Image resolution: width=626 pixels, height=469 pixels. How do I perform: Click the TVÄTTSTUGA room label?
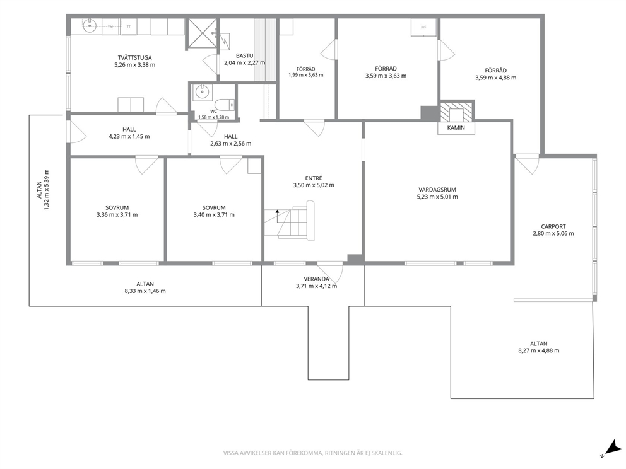[x=134, y=57]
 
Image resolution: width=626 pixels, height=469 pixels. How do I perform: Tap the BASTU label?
[x=244, y=56]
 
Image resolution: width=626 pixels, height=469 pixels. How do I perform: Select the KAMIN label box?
[x=456, y=128]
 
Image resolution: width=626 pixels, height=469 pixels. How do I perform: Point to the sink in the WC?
[x=202, y=92]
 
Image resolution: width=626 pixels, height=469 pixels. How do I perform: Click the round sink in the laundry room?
[x=90, y=26]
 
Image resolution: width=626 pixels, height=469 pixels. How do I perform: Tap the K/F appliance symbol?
[x=423, y=27]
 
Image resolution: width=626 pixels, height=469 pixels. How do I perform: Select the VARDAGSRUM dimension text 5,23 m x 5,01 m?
[x=437, y=197]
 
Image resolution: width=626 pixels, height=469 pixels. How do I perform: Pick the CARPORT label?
[x=553, y=226]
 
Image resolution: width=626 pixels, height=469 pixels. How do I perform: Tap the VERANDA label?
[x=316, y=279]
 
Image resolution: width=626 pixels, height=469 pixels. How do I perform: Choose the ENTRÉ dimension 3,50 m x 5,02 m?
[x=314, y=185]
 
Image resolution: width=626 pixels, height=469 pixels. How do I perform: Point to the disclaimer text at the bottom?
[x=312, y=453]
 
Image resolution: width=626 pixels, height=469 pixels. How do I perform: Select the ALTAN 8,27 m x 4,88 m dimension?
[x=538, y=351]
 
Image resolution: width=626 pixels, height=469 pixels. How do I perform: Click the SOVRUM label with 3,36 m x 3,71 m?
[x=117, y=207]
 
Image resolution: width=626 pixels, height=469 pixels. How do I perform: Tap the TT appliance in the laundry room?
[x=129, y=26]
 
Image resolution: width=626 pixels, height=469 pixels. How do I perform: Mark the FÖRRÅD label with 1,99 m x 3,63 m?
[x=306, y=69]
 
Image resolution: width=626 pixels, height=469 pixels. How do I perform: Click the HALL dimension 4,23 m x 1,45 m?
[x=129, y=136]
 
